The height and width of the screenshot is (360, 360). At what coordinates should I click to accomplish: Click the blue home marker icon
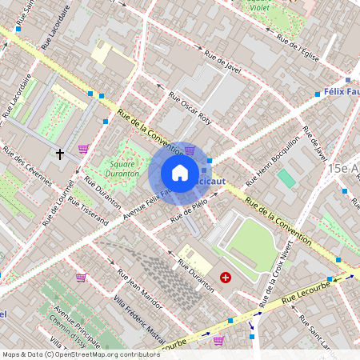point(179,172)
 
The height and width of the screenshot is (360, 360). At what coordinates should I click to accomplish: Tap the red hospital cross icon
point(226,277)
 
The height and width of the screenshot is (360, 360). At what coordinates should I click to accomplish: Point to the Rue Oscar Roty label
point(190,108)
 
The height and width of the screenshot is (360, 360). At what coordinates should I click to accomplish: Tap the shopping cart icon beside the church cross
point(83,149)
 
